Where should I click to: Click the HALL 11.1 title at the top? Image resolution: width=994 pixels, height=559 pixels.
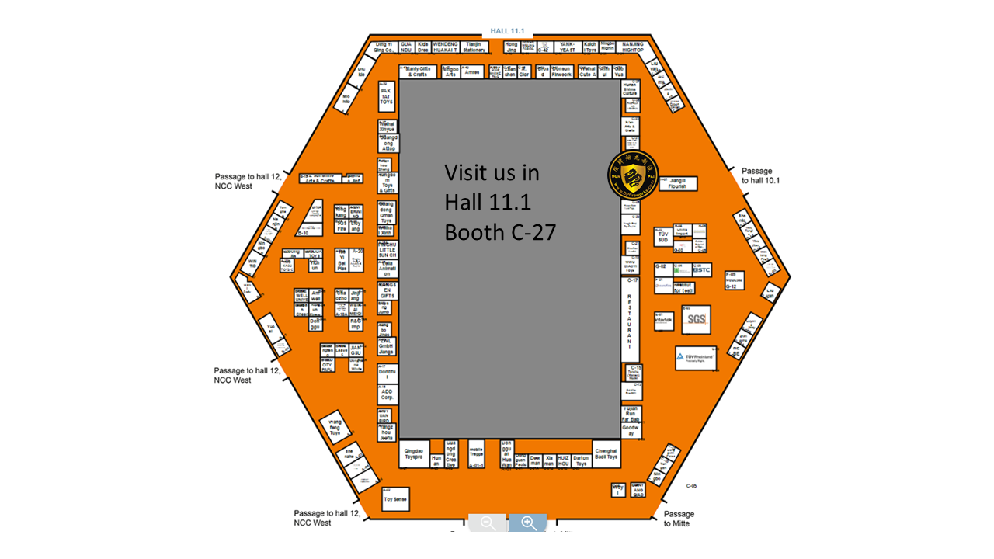[508, 31]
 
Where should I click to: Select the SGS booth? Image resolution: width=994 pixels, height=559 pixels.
[696, 319]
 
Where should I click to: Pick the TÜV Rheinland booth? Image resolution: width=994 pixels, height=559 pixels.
[695, 358]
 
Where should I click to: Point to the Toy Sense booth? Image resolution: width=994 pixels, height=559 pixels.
[394, 498]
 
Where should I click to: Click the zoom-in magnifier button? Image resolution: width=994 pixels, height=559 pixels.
[529, 523]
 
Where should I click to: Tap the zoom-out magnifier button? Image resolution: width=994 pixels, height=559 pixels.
[488, 523]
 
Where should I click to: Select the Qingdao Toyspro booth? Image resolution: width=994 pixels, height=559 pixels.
[415, 454]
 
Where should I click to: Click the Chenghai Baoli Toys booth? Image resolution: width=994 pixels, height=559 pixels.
[606, 454]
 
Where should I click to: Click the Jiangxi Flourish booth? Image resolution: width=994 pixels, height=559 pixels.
[677, 184]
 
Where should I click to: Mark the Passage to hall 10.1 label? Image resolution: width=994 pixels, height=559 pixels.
[760, 175]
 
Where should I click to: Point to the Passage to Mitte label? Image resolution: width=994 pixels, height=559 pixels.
[679, 518]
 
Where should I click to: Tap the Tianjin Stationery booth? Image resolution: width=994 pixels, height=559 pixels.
[474, 47]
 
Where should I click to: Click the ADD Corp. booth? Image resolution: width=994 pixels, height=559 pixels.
[386, 394]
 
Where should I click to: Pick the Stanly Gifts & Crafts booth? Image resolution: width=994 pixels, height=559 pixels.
[417, 71]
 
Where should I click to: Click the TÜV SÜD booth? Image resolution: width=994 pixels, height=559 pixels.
[662, 236]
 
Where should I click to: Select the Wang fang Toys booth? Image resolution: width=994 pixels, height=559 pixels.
[335, 429]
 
